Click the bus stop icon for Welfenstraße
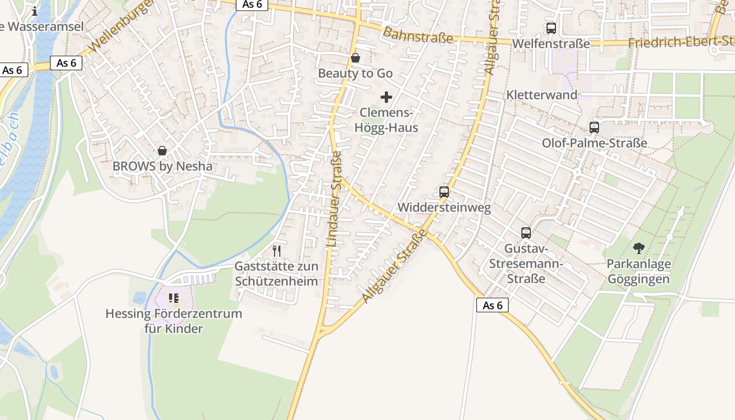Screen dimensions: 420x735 [x=551, y=28]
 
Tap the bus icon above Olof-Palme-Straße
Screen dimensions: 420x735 [x=594, y=127]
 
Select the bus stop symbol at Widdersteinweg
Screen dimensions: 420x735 [x=444, y=192]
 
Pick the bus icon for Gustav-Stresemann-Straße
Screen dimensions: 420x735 [x=526, y=233]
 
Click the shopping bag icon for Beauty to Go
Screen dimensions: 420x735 [x=355, y=57]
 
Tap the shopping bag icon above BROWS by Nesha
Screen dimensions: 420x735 [x=162, y=151]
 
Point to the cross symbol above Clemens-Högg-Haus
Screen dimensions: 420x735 [x=386, y=97]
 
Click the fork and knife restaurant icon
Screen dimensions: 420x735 [x=277, y=250]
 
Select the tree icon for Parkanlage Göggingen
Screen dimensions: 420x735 [x=638, y=248]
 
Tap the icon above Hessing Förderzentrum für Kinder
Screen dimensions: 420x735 [x=174, y=298]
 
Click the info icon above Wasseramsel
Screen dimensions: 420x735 [x=35, y=10]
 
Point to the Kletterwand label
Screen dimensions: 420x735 [x=541, y=95]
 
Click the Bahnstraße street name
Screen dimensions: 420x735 [x=417, y=35]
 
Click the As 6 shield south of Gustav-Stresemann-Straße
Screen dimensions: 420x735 [x=492, y=305]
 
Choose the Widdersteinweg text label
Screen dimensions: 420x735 [x=444, y=207]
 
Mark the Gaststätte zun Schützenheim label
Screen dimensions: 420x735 [x=276, y=274]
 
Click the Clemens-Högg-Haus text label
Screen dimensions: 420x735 [x=386, y=120]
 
